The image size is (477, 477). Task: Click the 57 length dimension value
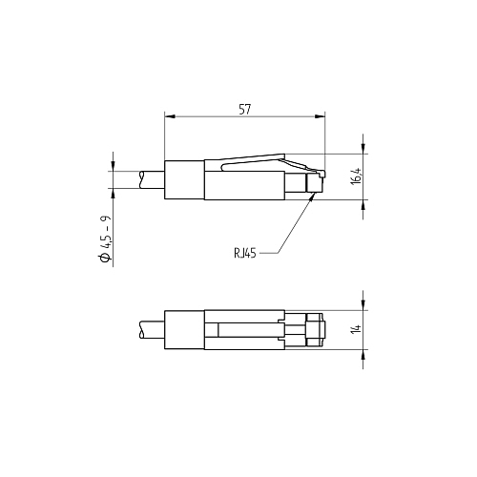coord(245,110)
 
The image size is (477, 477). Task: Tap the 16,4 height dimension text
coord(357,176)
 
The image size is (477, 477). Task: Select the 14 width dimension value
coord(357,329)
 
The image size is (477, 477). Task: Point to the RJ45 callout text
coord(245,253)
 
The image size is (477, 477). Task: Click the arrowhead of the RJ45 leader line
coord(313,197)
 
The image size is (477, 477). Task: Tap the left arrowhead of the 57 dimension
coord(170,116)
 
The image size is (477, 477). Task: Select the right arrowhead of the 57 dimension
coord(320,116)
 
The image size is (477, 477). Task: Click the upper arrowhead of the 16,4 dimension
coord(363,149)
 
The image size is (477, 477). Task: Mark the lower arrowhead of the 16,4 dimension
coord(363,205)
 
